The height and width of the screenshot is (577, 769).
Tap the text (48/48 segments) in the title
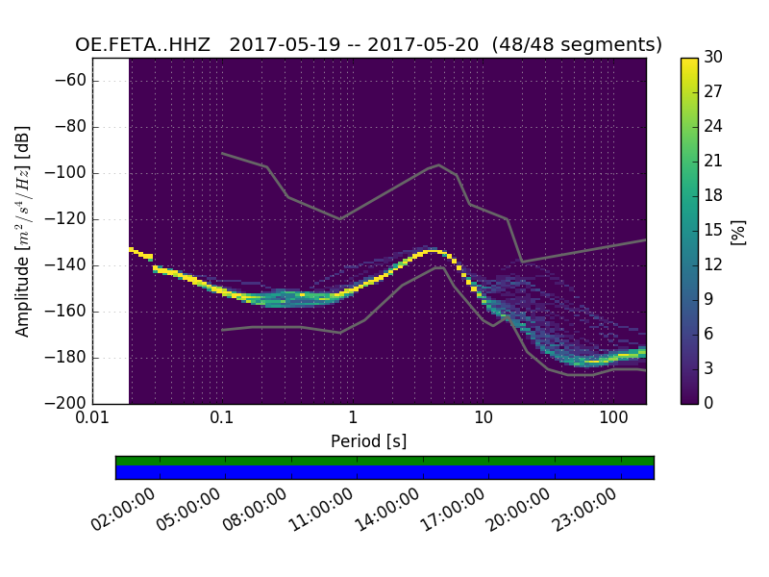[578, 45]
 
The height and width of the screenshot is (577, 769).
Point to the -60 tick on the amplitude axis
[73, 81]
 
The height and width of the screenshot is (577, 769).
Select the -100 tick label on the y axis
[69, 173]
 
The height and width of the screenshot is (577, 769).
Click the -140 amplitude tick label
[69, 265]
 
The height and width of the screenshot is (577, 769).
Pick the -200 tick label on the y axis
[69, 403]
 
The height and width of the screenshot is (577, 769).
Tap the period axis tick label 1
[353, 419]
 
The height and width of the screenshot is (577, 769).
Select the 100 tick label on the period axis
[613, 419]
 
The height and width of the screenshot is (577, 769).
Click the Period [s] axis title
[369, 441]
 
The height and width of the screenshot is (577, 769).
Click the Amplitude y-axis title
[23, 231]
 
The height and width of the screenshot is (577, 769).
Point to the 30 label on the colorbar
[714, 58]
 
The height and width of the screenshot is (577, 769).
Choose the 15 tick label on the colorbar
[714, 230]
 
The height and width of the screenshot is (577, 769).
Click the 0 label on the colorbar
[709, 403]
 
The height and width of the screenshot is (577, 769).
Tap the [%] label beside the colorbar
[738, 231]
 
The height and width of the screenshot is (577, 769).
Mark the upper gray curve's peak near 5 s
[439, 164]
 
